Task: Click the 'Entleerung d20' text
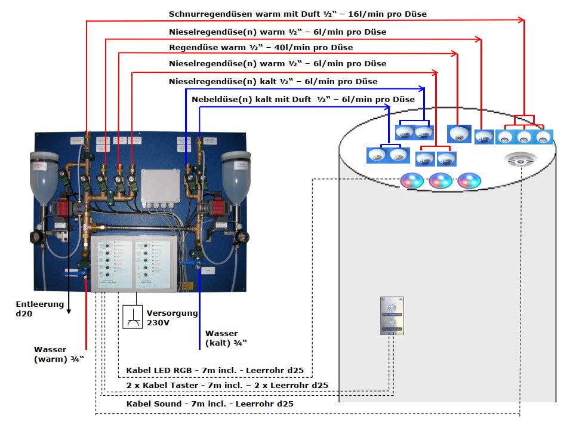[39, 308]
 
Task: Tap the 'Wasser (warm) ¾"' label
[58, 353]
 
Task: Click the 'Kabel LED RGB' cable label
[215, 371]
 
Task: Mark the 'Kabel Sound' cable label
[209, 404]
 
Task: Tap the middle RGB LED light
[440, 180]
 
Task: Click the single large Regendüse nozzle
[459, 134]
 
